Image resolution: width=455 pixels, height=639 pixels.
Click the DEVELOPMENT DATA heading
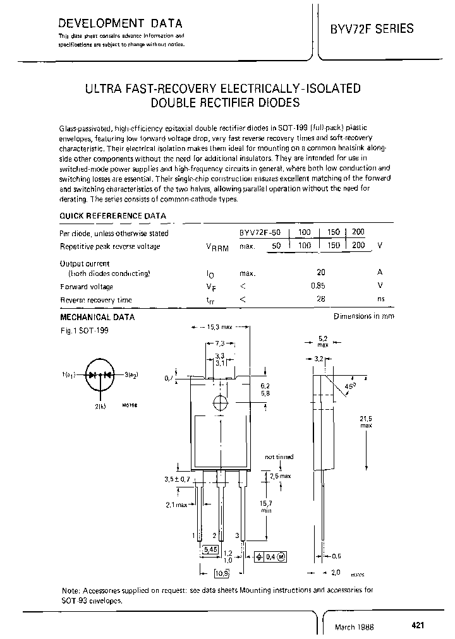[120, 24]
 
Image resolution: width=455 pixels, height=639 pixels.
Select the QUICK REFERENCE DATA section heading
[112, 215]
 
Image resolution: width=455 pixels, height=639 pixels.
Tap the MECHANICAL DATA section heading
[97, 318]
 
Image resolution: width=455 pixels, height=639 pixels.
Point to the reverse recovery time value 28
[322, 299]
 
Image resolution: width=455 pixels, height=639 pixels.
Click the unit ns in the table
[380, 299]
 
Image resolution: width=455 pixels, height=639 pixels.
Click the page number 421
[417, 624]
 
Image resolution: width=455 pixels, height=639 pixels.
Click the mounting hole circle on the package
[221, 402]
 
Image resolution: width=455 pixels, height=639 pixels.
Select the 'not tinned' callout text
[279, 456]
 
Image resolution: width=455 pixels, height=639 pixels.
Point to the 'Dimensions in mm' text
[364, 316]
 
